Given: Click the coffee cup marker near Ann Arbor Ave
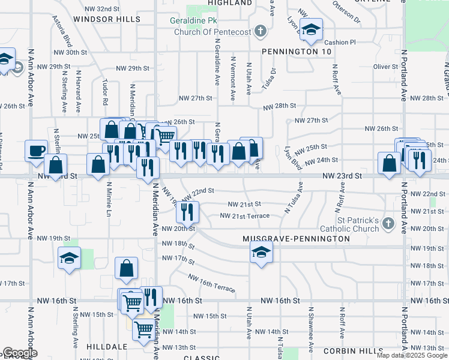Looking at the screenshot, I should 36,150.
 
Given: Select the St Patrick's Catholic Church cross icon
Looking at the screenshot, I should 388,224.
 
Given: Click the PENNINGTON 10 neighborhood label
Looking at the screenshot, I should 297,52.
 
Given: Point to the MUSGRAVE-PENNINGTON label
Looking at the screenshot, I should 296,239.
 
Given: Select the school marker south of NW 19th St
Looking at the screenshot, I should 70,259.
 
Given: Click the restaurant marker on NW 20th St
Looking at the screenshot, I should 187,211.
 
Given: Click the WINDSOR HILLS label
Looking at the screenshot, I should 107,19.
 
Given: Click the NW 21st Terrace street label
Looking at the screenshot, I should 249,215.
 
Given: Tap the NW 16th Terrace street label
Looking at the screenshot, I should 211,283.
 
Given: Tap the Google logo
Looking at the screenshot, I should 20,353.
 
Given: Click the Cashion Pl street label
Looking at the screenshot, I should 340,43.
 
